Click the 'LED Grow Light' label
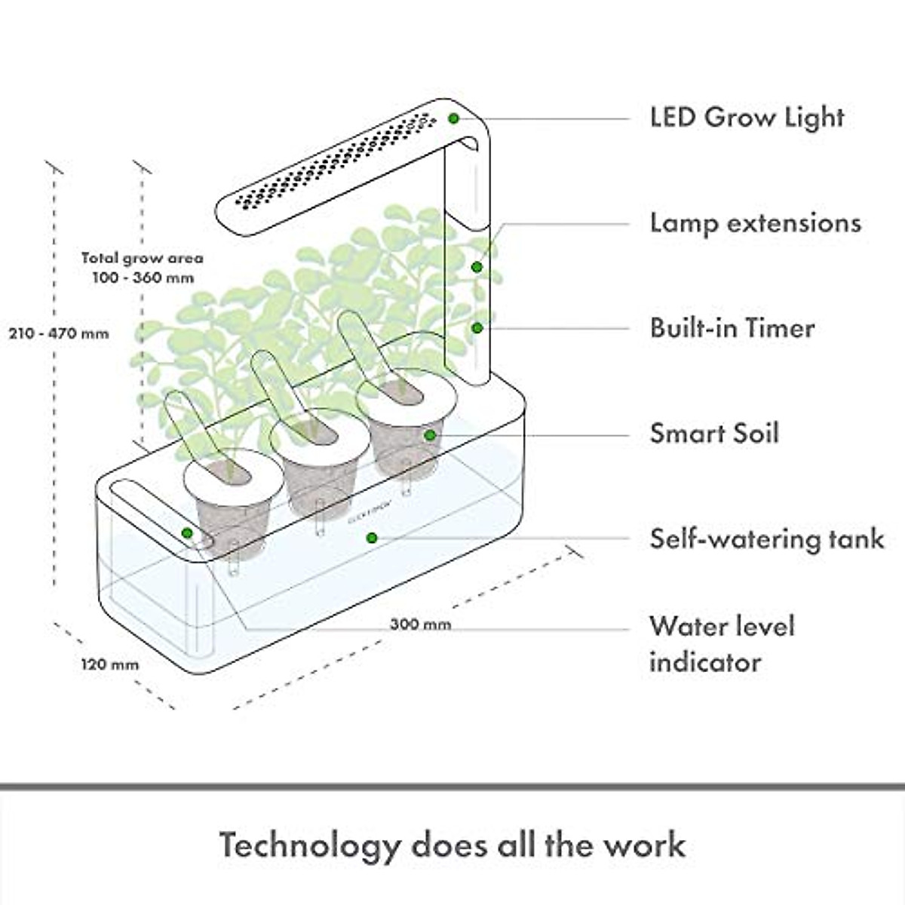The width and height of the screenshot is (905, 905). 747,118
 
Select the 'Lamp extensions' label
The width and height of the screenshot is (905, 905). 755,223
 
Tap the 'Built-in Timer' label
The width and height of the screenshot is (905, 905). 732,328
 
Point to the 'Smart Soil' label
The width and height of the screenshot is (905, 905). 714,434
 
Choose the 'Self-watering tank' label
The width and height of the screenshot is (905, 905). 766,538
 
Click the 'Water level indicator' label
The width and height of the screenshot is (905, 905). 722,644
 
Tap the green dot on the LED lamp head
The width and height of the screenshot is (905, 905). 453,118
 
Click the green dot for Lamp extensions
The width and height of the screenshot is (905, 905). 477,266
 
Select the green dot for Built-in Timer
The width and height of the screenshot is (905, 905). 477,327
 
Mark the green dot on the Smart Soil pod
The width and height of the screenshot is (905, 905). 429,434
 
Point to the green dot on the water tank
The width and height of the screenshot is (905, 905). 370,538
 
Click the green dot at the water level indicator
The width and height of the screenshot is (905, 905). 187,532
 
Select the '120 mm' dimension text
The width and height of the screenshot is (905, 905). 110,664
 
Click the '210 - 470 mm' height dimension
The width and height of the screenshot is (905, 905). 59,333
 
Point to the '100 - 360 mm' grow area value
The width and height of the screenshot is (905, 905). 143,277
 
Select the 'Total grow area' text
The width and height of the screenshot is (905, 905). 143,258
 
